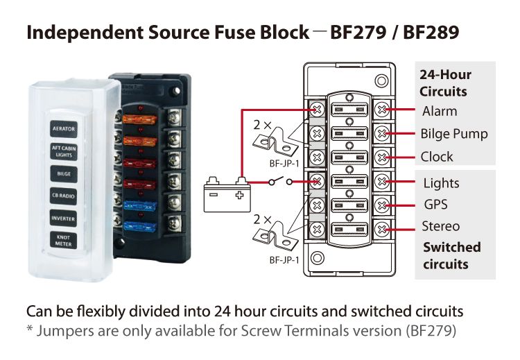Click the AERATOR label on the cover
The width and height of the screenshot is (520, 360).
[x=64, y=128]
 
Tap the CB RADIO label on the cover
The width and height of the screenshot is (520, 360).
[x=64, y=196]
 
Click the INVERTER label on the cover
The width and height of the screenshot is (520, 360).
[x=64, y=218]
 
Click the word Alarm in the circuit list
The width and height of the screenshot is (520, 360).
[x=440, y=111]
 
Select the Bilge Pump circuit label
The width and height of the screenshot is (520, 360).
[x=454, y=134]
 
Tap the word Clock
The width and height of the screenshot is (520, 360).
[x=437, y=157]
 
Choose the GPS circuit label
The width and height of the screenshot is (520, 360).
[x=435, y=205]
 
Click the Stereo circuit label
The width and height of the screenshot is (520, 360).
[x=440, y=226]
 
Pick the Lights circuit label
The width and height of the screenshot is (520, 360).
[x=441, y=183]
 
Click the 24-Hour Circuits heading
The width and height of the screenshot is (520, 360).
[x=444, y=83]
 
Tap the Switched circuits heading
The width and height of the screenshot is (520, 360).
[x=451, y=255]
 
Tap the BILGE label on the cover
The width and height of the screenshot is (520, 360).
[x=64, y=173]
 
